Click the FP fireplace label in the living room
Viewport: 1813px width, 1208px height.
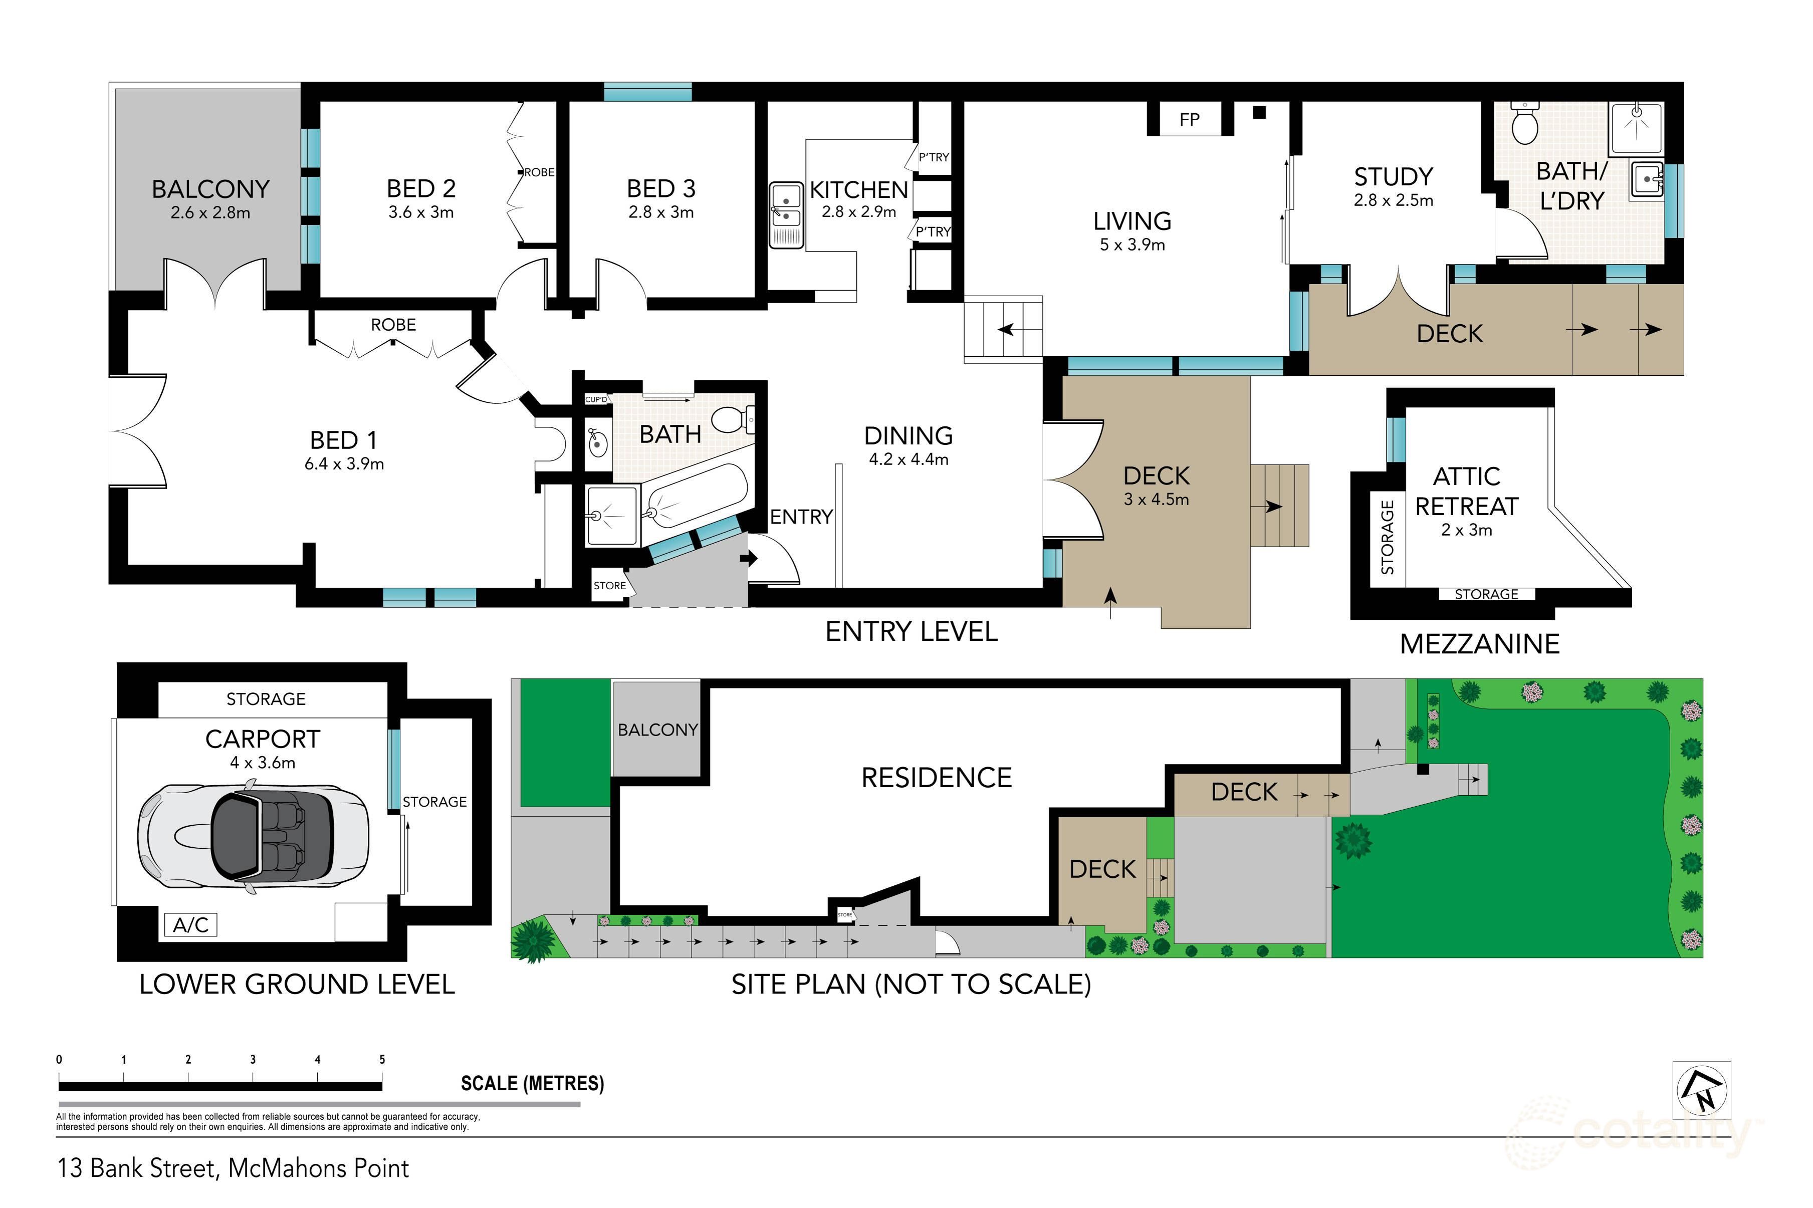(x=1189, y=119)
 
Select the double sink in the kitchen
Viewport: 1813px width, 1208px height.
(x=786, y=214)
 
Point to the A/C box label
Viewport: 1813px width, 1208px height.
(x=190, y=924)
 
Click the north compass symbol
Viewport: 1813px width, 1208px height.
(x=1702, y=1090)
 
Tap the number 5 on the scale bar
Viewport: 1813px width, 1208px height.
(x=382, y=1059)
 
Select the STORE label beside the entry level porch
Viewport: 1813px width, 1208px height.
(x=609, y=586)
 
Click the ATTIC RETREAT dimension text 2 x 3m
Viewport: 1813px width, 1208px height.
(x=1466, y=530)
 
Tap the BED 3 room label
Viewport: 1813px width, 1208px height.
(x=661, y=189)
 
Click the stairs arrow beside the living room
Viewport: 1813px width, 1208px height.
(x=1016, y=330)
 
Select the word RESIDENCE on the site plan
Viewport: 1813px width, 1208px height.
(x=936, y=778)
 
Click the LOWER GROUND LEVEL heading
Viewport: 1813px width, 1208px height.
(x=297, y=984)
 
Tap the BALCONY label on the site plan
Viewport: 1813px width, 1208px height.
(x=657, y=730)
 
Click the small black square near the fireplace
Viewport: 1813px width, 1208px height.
(x=1259, y=112)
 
